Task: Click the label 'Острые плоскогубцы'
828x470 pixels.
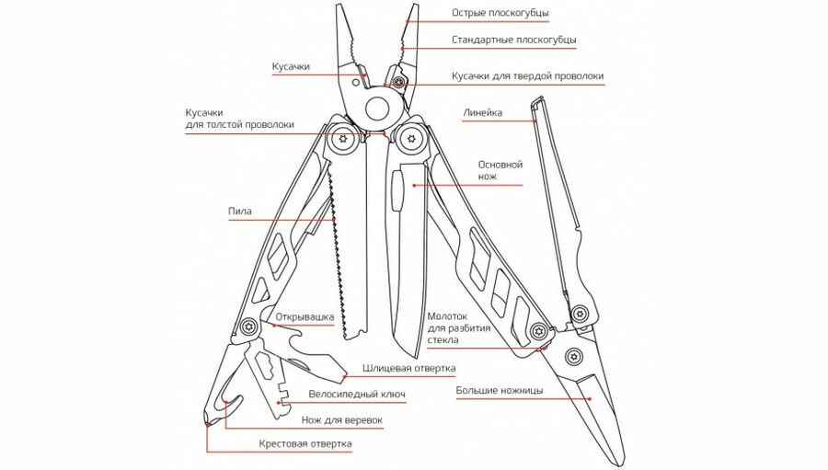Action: point(500,14)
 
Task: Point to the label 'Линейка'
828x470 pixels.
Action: point(480,113)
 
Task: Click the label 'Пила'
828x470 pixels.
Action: point(240,211)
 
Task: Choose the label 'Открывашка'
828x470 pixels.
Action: point(303,318)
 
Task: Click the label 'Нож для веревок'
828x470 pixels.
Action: point(341,419)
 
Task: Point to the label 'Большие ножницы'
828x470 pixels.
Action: point(500,391)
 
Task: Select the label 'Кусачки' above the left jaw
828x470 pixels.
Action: point(291,67)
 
